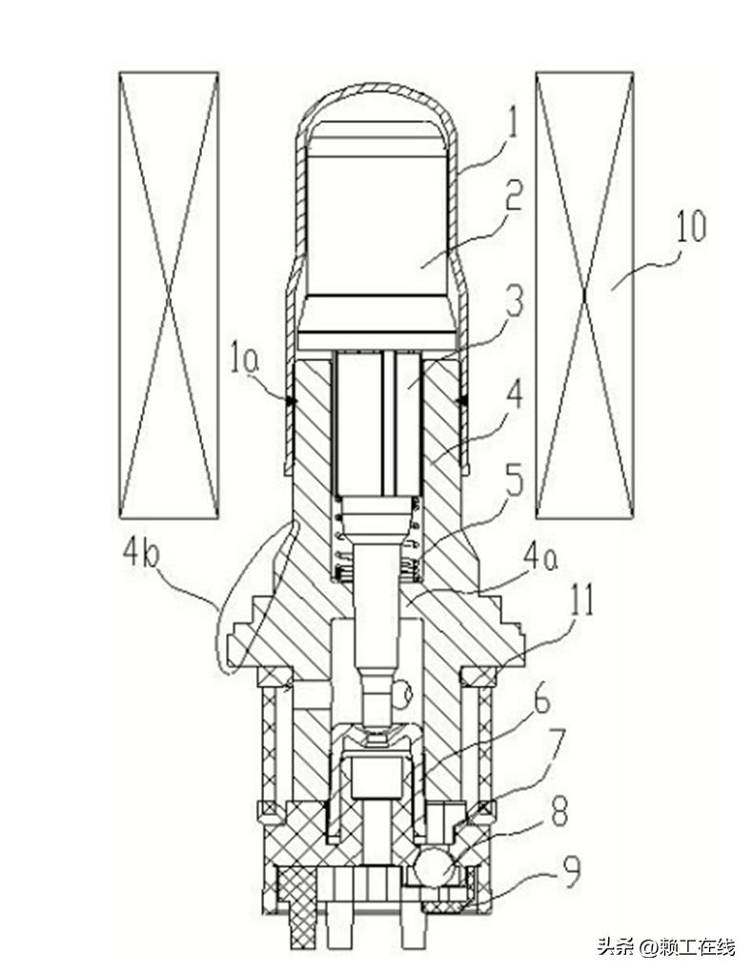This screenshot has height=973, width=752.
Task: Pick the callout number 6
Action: (x=541, y=701)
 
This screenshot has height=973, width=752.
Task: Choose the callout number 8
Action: (x=559, y=810)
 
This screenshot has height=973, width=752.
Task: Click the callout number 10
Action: (x=690, y=227)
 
